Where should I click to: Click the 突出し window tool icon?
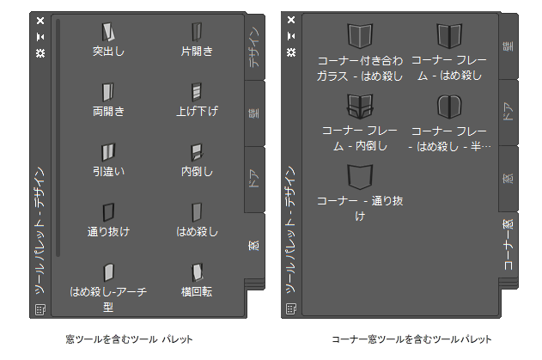107,32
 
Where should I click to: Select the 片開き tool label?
197,51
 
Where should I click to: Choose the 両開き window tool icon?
107,92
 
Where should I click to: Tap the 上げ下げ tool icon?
197,92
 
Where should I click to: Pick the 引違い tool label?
108,171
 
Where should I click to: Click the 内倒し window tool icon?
197,152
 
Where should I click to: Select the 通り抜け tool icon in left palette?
107,212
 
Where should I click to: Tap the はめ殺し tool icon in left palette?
197,212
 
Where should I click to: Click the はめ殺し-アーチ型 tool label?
108,298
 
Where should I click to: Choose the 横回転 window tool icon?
197,272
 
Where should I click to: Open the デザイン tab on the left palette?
257,47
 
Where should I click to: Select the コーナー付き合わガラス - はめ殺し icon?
359,36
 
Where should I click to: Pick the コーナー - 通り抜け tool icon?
359,176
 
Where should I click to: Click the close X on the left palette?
40,19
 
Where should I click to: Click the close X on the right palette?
292,19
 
